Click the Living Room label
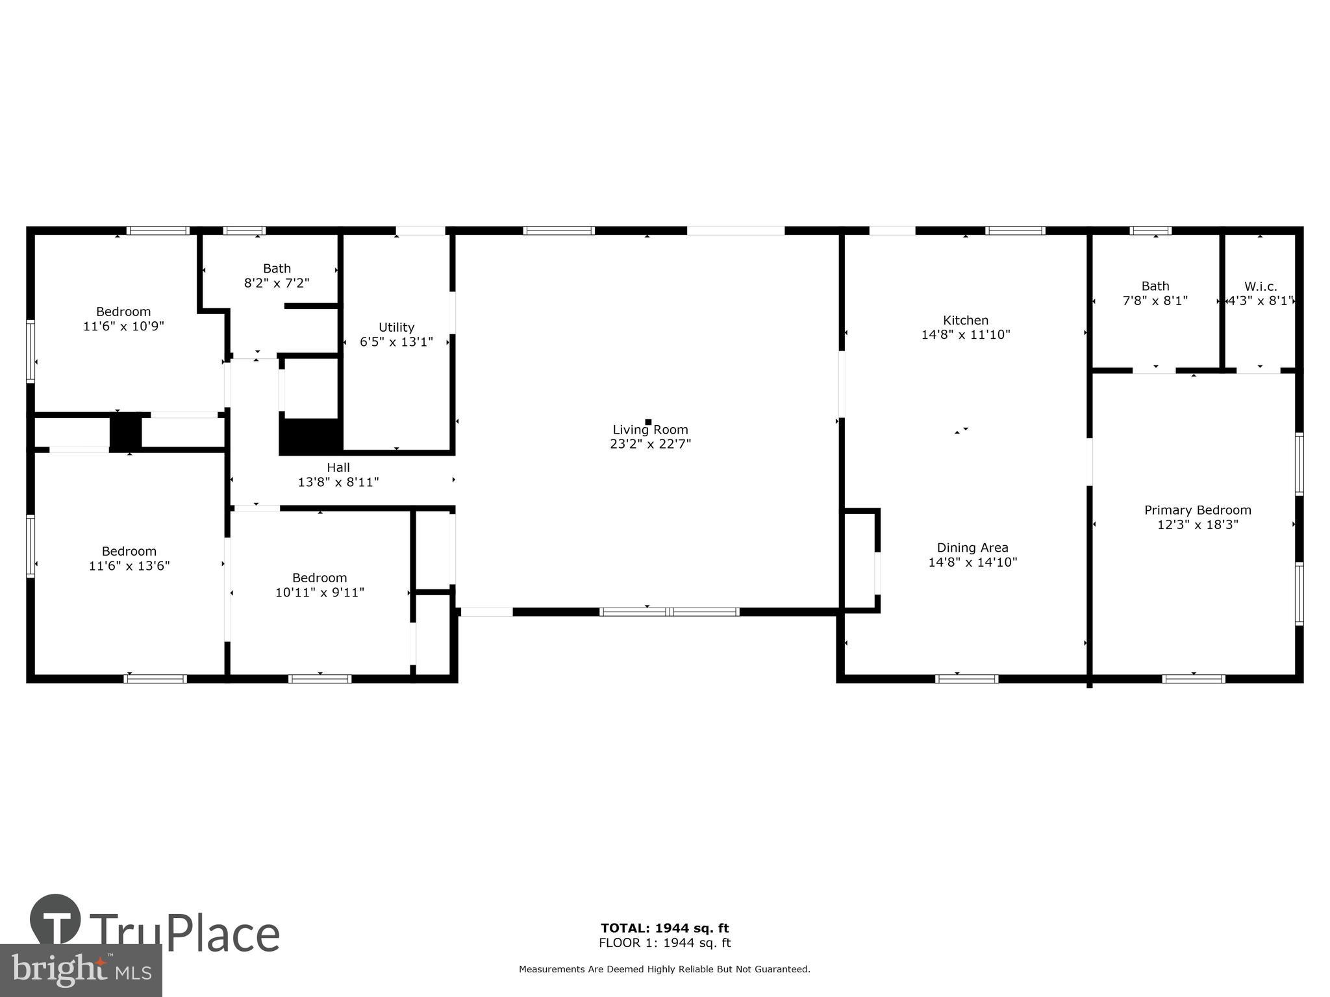click(650, 430)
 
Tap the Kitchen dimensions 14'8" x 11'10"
click(966, 335)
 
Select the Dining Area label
click(972, 548)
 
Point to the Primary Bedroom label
click(1198, 510)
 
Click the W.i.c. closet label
click(1261, 286)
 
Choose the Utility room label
click(396, 327)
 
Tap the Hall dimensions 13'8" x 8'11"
click(338, 482)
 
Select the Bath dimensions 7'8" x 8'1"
click(1155, 301)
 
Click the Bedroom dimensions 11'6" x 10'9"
click(123, 326)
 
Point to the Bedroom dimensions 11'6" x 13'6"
click(129, 566)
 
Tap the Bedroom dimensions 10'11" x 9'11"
click(320, 593)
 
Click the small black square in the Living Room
click(648, 422)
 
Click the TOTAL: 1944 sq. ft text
click(664, 928)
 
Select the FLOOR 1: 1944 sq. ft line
click(664, 943)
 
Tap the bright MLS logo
click(81, 970)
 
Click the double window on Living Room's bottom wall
click(669, 611)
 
